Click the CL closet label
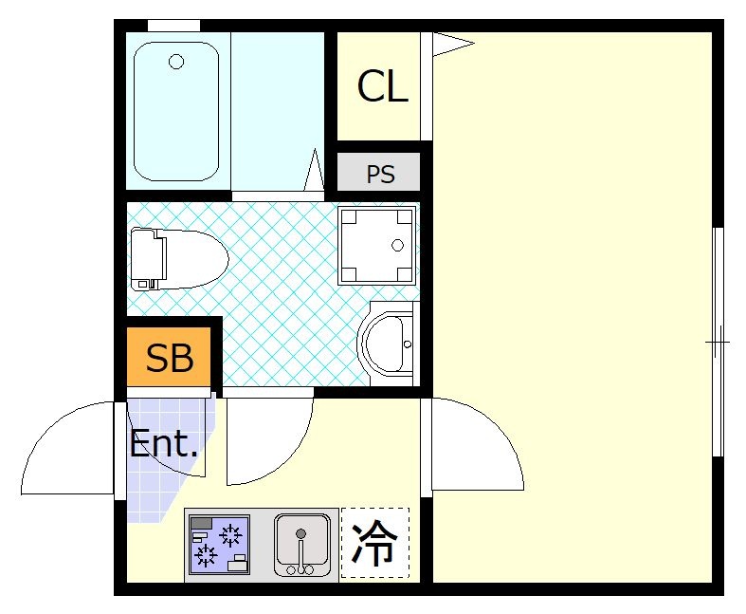[x=382, y=87]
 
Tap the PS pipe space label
[x=380, y=176]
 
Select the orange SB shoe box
[x=170, y=359]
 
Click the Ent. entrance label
[x=164, y=444]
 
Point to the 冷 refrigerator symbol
[x=374, y=544]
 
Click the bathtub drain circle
[x=176, y=63]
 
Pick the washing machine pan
[x=378, y=245]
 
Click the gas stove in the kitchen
[x=219, y=545]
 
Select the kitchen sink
[x=301, y=545]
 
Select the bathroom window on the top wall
[x=173, y=25]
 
